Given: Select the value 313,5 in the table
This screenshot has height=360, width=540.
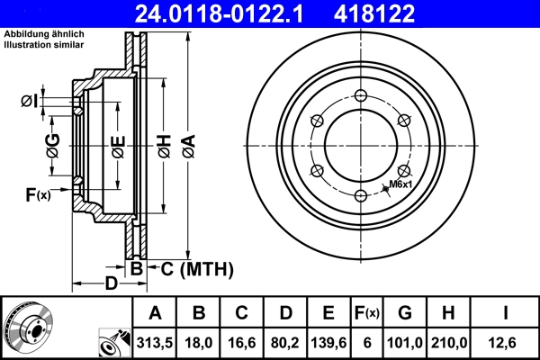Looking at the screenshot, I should point(155,344).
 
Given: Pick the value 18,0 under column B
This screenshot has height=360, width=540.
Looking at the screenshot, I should point(200,344).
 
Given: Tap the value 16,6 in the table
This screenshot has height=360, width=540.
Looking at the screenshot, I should point(242,344).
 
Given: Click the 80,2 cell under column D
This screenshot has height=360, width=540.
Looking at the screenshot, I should point(285,344).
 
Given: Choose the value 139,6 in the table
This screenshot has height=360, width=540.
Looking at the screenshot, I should point(328,344).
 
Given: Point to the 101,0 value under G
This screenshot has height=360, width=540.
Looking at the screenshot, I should point(406,344).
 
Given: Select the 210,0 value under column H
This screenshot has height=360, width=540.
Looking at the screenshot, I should point(453,344).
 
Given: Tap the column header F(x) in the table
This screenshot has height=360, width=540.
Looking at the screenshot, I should point(366,313).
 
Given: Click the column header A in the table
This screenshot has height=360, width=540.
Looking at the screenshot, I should point(155,313).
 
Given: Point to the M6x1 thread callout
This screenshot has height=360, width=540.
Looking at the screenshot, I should point(400,184).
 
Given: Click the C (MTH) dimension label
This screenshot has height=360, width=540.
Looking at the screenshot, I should point(197,268).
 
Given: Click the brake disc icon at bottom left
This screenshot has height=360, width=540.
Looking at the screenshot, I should point(29,327).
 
